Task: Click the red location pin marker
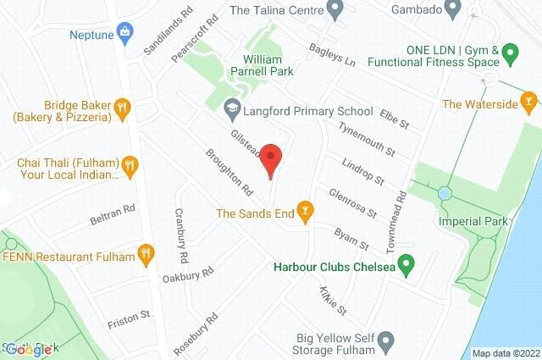click(x=270, y=158)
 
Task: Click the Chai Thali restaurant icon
click(x=129, y=164)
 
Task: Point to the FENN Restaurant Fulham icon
click(x=147, y=253)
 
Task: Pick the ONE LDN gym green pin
click(x=510, y=56)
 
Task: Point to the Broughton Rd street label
click(x=230, y=169)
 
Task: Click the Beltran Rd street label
click(x=113, y=214)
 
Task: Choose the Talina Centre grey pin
click(x=335, y=11)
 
